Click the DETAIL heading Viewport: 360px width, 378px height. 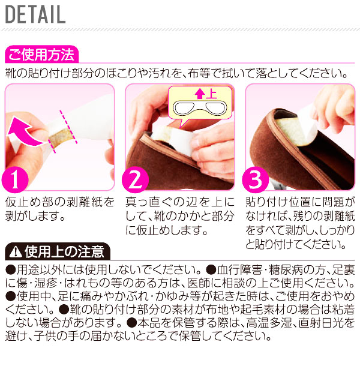(x=35, y=14)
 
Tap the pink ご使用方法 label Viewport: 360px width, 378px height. (x=41, y=55)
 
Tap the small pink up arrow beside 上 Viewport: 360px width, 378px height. (x=199, y=94)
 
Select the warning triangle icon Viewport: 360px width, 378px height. (x=15, y=252)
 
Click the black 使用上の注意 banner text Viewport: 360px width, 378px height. (x=64, y=251)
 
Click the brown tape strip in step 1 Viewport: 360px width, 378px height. (x=60, y=138)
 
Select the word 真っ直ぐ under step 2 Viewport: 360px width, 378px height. (x=149, y=202)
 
